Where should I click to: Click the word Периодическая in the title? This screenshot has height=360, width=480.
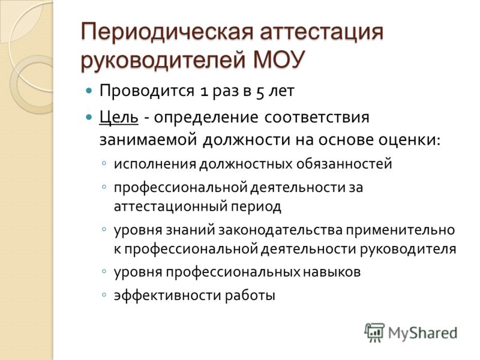(x=167, y=32)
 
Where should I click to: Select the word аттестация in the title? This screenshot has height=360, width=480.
(x=322, y=32)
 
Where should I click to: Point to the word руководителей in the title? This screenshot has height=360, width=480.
(x=163, y=59)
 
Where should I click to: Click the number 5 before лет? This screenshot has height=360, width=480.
(x=260, y=92)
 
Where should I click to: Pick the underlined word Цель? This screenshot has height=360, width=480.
(x=119, y=118)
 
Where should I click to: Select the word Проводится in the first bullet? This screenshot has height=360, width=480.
(x=147, y=91)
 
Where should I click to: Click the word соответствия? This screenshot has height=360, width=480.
(x=317, y=118)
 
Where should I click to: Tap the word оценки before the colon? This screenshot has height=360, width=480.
(x=407, y=140)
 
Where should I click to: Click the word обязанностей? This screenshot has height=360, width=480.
(x=344, y=164)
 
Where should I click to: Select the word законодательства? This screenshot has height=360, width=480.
(x=280, y=230)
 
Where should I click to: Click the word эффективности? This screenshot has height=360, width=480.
(x=167, y=295)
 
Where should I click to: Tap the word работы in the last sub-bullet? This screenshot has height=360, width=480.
(x=250, y=296)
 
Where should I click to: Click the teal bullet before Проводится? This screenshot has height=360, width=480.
(x=89, y=91)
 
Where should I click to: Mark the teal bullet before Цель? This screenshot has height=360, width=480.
(x=89, y=117)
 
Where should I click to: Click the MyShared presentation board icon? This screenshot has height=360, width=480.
(x=374, y=332)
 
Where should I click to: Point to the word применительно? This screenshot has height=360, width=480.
(x=400, y=230)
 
